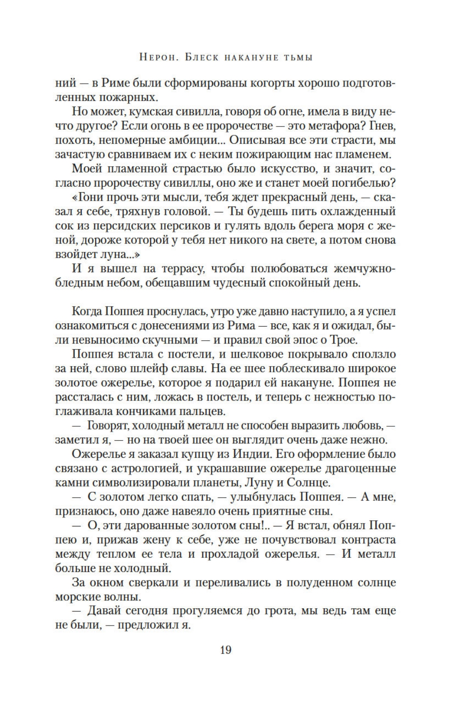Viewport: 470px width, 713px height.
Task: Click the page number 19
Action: coord(225,650)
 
